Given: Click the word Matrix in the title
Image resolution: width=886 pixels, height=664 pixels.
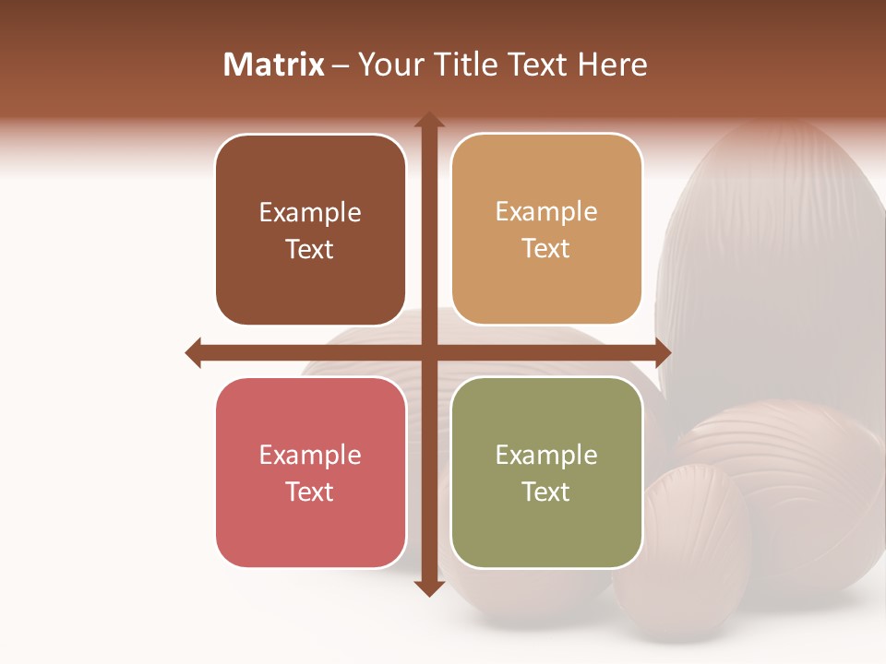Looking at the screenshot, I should click(x=274, y=65).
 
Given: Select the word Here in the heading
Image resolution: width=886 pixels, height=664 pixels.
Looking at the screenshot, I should click(x=613, y=65).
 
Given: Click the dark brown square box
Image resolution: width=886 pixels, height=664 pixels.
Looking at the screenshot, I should click(x=310, y=230).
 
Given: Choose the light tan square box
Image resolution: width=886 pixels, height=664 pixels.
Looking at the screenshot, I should click(x=546, y=230).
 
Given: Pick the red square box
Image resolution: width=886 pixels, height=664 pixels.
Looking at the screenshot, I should click(x=310, y=472).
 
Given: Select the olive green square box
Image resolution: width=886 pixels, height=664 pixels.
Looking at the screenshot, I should click(x=546, y=472).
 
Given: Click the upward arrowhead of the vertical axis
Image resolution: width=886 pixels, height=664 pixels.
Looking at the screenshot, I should click(x=428, y=121).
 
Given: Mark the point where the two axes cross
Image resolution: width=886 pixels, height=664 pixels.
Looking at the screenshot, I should click(x=428, y=352).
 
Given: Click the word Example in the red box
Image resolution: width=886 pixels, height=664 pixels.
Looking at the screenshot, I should click(x=310, y=455).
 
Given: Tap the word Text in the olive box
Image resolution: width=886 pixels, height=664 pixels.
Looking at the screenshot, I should click(x=546, y=492).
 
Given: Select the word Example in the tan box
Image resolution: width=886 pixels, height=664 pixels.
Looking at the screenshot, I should click(x=546, y=212).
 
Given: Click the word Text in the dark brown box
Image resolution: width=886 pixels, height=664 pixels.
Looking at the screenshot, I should click(x=310, y=249).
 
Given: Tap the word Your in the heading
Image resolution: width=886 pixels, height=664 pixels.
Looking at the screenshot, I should click(x=383, y=65).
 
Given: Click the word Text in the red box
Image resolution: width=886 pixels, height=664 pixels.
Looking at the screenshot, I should click(x=310, y=492).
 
